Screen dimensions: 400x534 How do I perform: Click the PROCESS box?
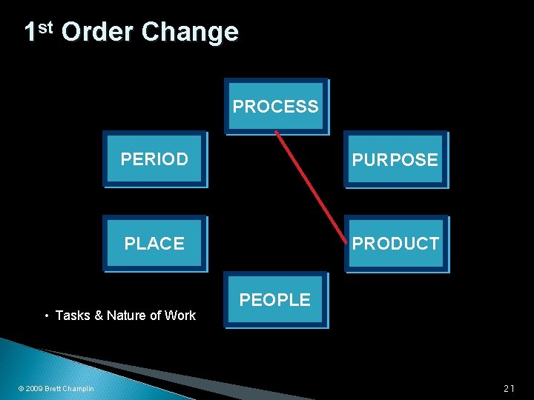click(276, 107)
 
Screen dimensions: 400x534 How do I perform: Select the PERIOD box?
click(154, 159)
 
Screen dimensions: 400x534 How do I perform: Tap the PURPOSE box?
click(395, 159)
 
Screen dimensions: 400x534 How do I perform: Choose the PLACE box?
click(154, 243)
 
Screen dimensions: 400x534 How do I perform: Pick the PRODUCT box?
click(395, 243)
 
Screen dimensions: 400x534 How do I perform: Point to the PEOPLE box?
click(275, 299)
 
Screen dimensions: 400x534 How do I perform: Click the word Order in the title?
click(98, 32)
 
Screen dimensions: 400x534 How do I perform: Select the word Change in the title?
click(189, 32)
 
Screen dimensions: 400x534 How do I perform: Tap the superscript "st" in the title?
click(45, 27)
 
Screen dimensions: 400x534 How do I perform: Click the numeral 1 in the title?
click(30, 32)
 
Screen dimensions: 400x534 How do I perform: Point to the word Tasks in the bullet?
click(72, 316)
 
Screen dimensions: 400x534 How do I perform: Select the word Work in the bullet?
click(180, 316)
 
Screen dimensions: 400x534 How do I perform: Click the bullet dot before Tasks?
click(47, 316)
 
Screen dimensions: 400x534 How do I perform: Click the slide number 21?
click(509, 388)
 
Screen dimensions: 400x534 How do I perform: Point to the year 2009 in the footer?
click(34, 389)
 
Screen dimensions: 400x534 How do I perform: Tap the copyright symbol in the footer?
click(21, 389)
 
